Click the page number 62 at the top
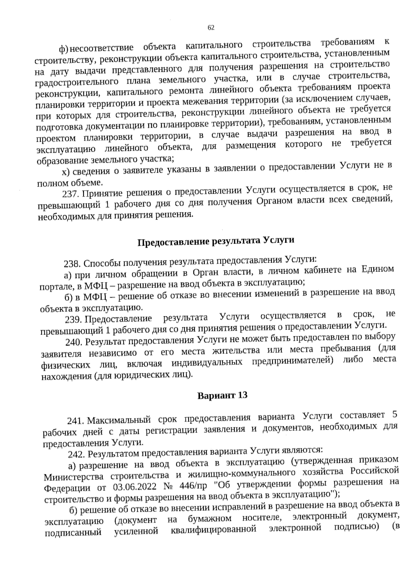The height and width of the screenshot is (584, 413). coord(211,28)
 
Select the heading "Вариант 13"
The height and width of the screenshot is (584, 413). coord(222,395)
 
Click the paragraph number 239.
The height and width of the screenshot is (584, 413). coord(73,320)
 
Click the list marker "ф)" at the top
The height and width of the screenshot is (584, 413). coord(64,50)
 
